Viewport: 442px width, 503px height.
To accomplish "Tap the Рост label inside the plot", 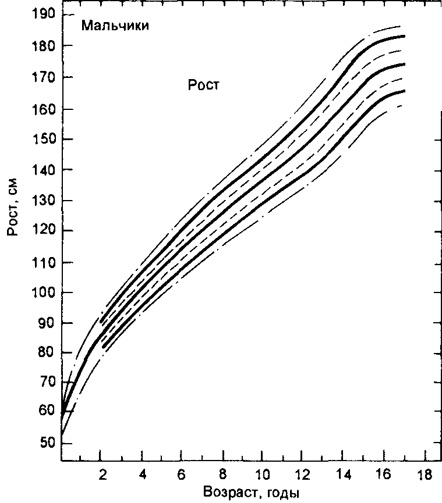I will tap(203, 85).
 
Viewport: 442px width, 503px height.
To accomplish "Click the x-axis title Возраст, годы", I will tap(252, 493).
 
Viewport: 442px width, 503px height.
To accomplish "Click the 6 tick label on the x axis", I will tap(182, 475).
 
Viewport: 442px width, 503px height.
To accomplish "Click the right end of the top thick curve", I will tap(404, 36).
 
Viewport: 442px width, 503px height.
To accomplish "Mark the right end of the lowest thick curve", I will tap(404, 91).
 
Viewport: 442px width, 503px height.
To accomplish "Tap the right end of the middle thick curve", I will tap(404, 64).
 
